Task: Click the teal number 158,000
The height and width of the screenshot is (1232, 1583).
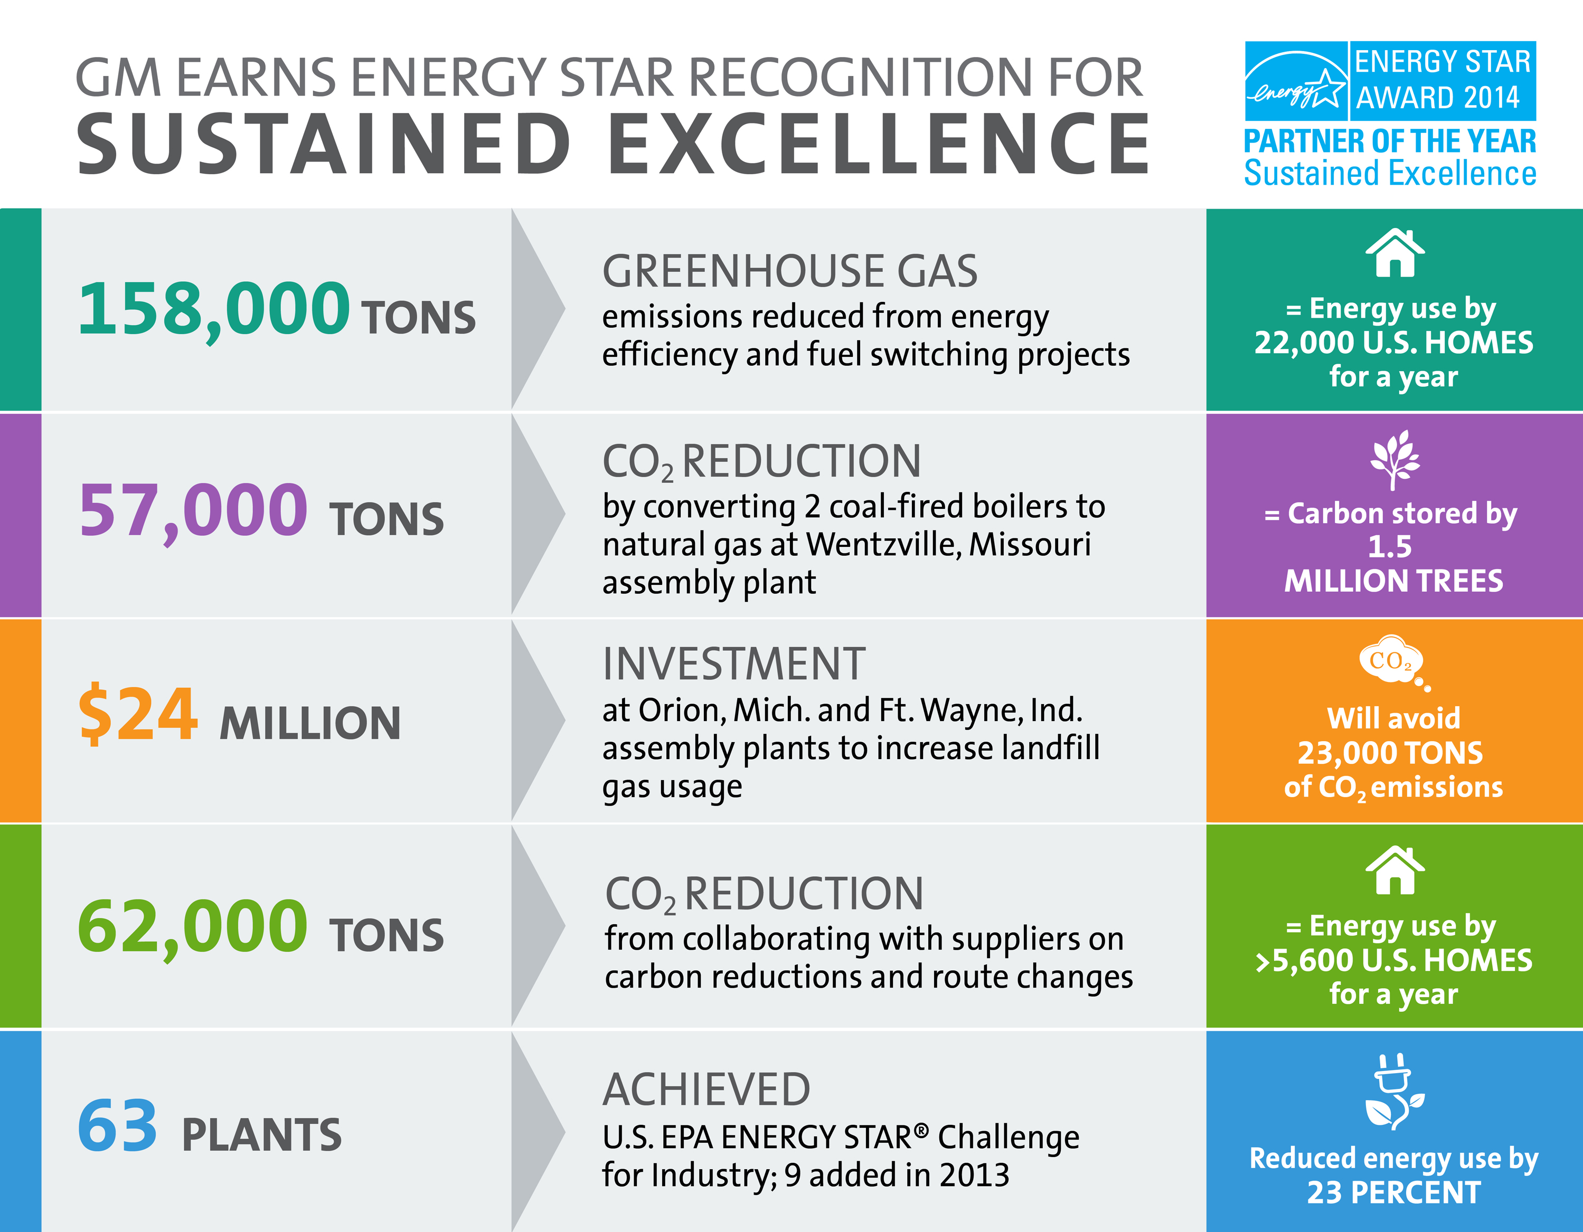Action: pyautogui.click(x=214, y=310)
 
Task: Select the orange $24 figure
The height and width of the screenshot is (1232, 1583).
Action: pyautogui.click(x=137, y=714)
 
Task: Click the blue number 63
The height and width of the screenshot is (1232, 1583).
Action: pyautogui.click(x=117, y=1125)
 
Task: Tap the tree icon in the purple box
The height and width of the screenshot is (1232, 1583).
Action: pyautogui.click(x=1394, y=459)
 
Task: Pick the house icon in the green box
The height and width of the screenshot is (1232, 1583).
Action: pyautogui.click(x=1394, y=870)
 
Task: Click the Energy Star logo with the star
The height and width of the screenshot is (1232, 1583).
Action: pyautogui.click(x=1296, y=81)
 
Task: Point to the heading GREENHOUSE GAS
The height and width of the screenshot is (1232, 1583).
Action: pyautogui.click(x=790, y=271)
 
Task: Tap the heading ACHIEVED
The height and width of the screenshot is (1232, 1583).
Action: pyautogui.click(x=706, y=1089)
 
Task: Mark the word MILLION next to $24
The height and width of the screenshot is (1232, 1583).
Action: pyautogui.click(x=310, y=723)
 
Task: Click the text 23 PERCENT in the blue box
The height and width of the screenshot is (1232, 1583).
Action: pyautogui.click(x=1393, y=1192)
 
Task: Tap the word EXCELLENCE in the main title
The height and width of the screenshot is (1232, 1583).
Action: pyautogui.click(x=879, y=144)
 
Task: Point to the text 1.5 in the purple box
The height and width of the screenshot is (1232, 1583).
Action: pyautogui.click(x=1389, y=546)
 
